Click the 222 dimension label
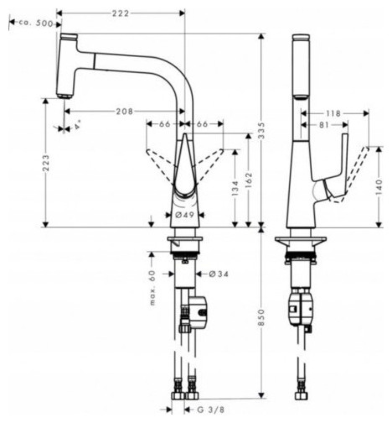pyautogui.click(x=121, y=13)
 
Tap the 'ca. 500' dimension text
pyautogui.click(x=36, y=23)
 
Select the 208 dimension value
pyautogui.click(x=125, y=112)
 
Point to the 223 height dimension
pyautogui.click(x=46, y=163)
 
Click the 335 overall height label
pyautogui.click(x=261, y=130)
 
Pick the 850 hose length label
pyautogui.click(x=261, y=317)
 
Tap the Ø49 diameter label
pyautogui.click(x=184, y=215)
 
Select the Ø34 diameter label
pyautogui.click(x=219, y=274)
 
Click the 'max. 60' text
pyautogui.click(x=152, y=288)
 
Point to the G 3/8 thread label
pyautogui.click(x=210, y=410)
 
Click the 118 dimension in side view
pyautogui.click(x=333, y=113)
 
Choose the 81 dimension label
pyautogui.click(x=324, y=125)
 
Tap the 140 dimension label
pyautogui.click(x=379, y=187)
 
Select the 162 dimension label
pyautogui.click(x=249, y=180)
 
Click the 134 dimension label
pyautogui.click(x=235, y=188)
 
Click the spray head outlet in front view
pyautogui.click(x=64, y=96)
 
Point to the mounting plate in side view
pyautogui.click(x=301, y=241)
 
